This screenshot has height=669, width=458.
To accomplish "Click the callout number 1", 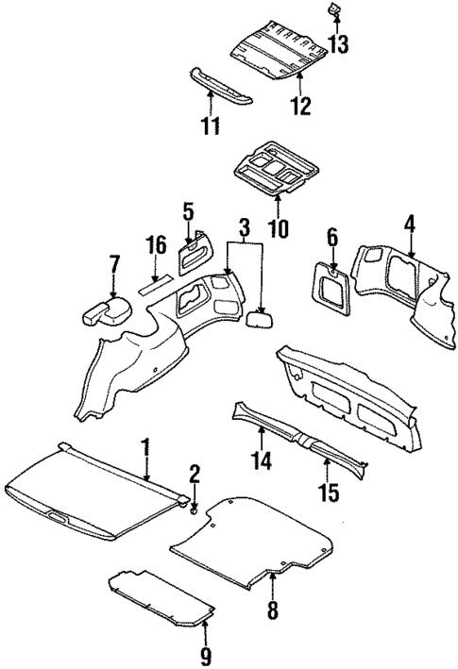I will pyautogui.click(x=146, y=444).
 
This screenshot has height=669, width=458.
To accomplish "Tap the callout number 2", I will pyautogui.click(x=195, y=474).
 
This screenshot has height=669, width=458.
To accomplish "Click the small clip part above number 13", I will pyautogui.click(x=335, y=10).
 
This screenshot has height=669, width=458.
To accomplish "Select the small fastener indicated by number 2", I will pyautogui.click(x=193, y=510).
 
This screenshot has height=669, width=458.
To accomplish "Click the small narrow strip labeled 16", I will pyautogui.click(x=154, y=282).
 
